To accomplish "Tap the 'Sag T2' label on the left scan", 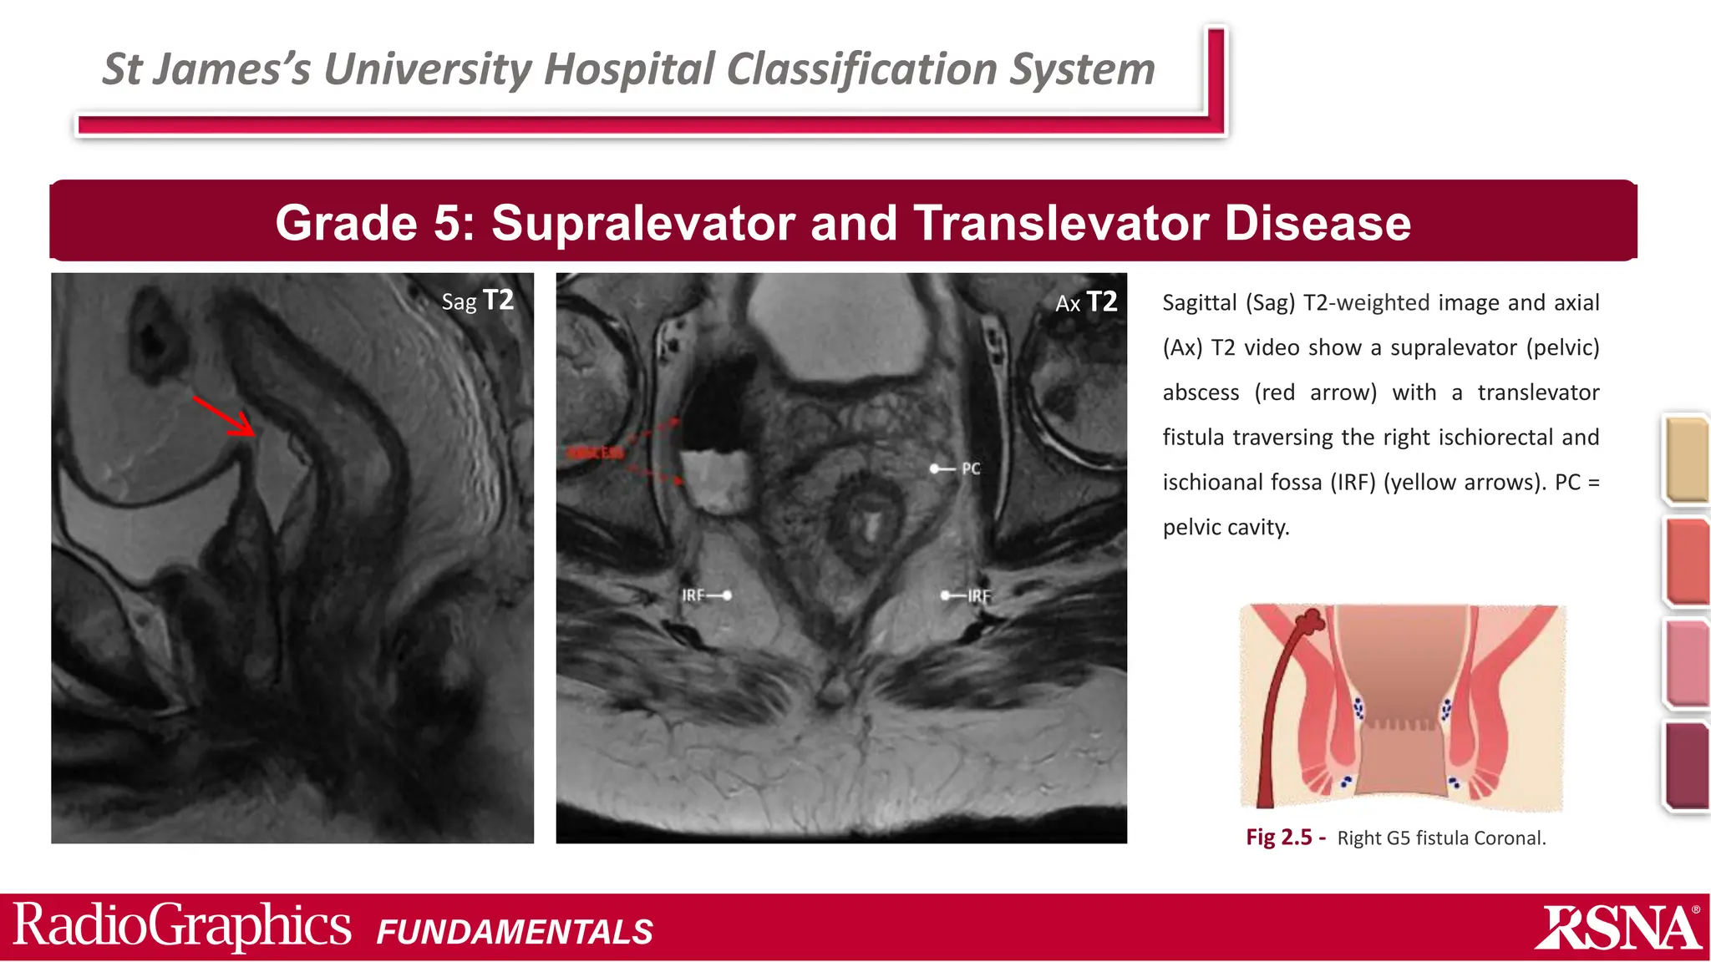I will tap(477, 301).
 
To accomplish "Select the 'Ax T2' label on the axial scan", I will tap(1085, 302).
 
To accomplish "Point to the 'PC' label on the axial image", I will tap(970, 468).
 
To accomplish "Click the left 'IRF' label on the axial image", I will tap(693, 595).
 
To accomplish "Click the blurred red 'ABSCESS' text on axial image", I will tap(595, 453).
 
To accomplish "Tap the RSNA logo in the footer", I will tap(1617, 928).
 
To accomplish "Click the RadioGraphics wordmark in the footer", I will tap(182, 926).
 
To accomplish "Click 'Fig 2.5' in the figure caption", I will tap(1279, 838).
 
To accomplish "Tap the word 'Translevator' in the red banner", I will tap(1059, 223).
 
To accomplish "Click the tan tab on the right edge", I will tap(1686, 459).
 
